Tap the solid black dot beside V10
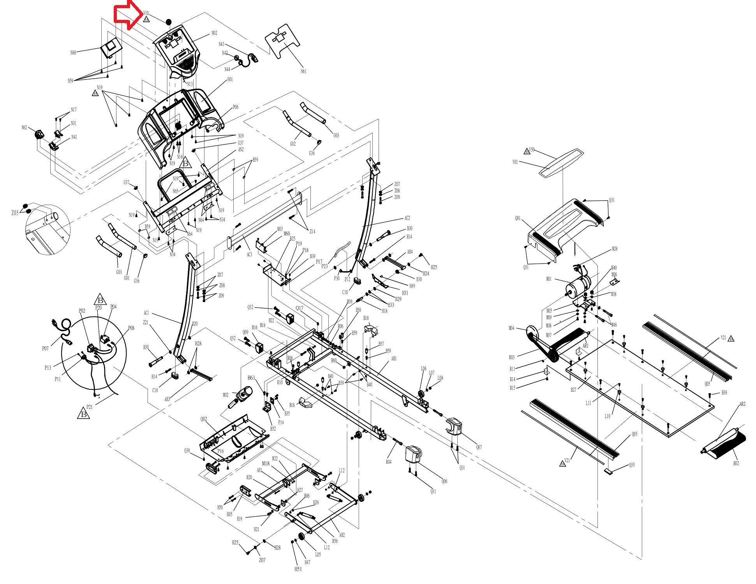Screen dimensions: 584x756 click(x=168, y=22)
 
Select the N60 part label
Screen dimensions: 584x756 click(x=73, y=53)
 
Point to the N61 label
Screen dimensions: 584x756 click(x=303, y=71)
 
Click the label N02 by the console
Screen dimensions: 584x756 click(x=214, y=33)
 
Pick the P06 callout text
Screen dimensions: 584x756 click(x=236, y=107)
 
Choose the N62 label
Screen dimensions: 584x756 click(x=24, y=128)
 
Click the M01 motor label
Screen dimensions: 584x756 click(x=549, y=279)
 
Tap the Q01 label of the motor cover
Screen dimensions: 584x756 click(x=518, y=219)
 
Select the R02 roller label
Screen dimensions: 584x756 click(x=736, y=463)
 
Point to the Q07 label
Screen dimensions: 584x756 click(x=479, y=447)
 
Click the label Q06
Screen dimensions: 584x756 click(x=444, y=482)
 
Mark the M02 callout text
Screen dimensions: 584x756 click(x=226, y=395)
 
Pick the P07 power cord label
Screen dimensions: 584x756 click(x=46, y=348)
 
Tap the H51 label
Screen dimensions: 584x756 click(x=298, y=569)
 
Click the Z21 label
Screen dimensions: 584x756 click(x=146, y=322)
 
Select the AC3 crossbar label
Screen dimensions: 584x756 click(x=249, y=254)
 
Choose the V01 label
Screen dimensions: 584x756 click(x=515, y=162)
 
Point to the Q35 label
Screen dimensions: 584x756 click(x=632, y=465)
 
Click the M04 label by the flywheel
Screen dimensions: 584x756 click(x=511, y=328)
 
